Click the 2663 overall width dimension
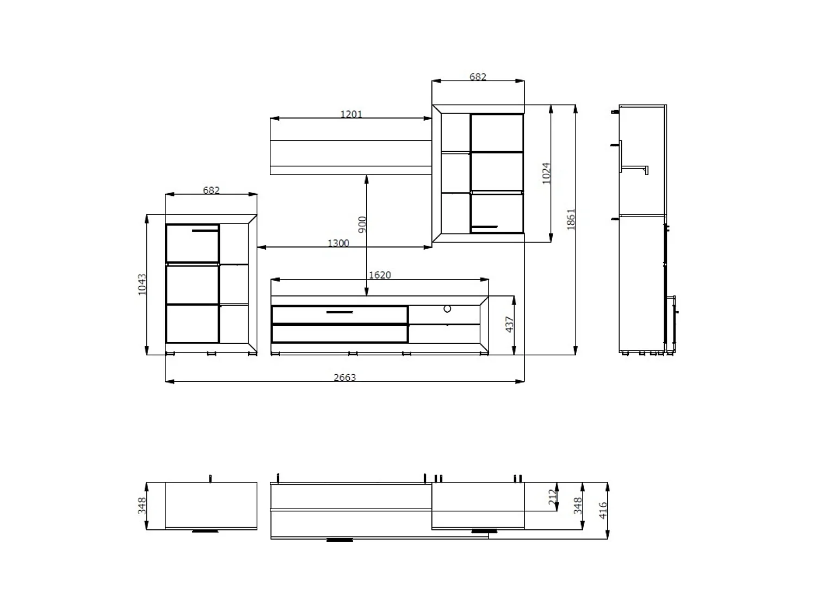(x=344, y=377)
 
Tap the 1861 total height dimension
(x=571, y=219)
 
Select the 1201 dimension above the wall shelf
(x=351, y=114)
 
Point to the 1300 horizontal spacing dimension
(x=338, y=243)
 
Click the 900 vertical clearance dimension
(x=362, y=225)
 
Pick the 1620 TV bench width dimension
(x=380, y=275)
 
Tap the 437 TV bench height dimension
(x=509, y=324)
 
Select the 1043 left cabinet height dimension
(x=142, y=285)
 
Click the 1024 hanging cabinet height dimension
(x=546, y=173)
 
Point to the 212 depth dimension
(x=552, y=497)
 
